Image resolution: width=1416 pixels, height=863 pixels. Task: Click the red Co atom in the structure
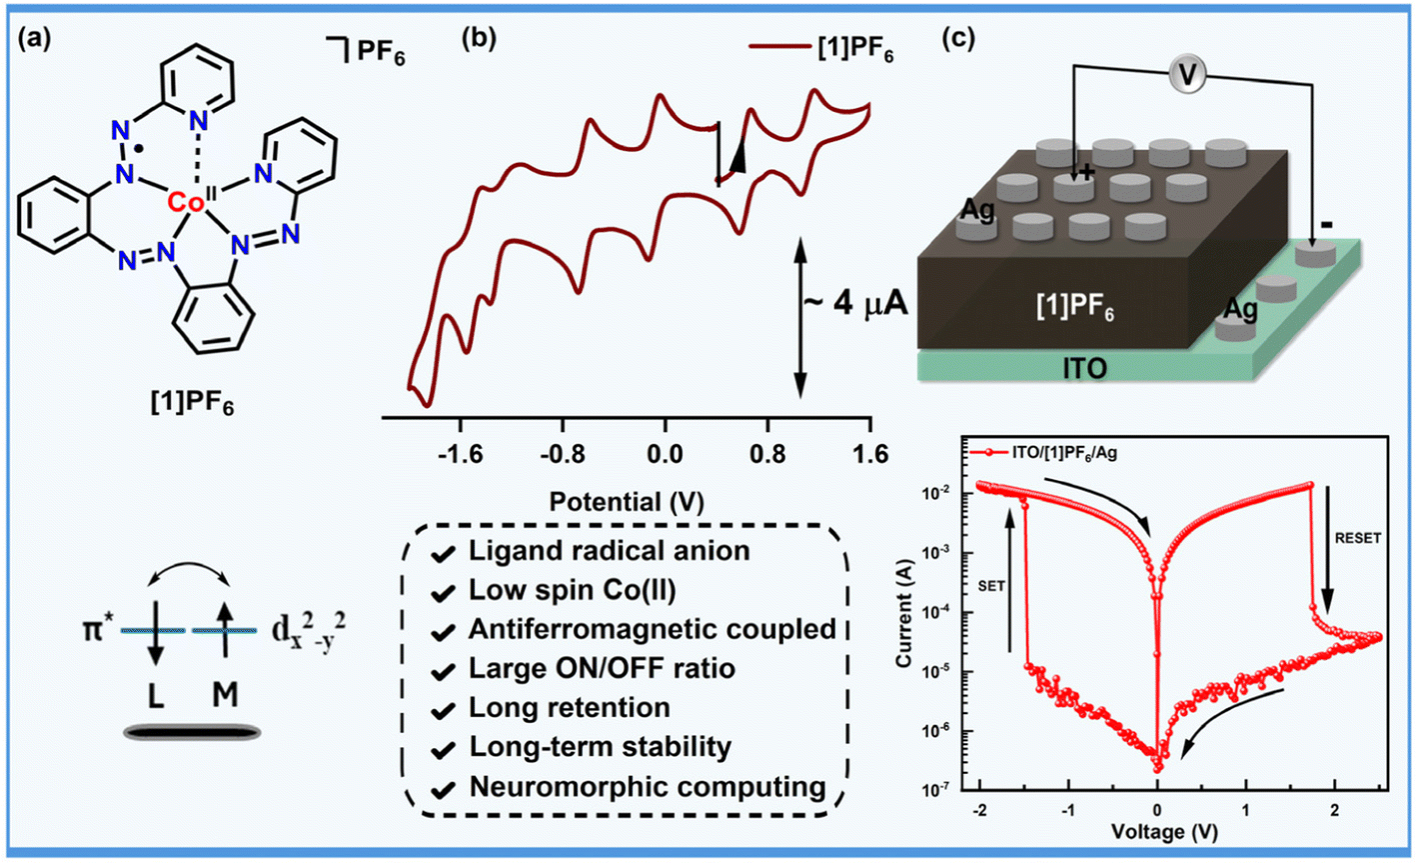(x=185, y=202)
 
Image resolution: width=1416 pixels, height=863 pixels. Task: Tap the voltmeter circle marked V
(x=1189, y=73)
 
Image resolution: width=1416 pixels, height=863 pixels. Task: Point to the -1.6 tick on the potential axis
(x=460, y=455)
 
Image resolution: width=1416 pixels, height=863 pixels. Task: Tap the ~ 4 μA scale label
(x=854, y=305)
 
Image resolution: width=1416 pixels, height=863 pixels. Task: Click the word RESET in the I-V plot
(x=1357, y=538)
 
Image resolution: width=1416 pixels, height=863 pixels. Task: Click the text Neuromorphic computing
(x=648, y=787)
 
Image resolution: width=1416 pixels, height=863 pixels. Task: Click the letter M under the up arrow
(x=225, y=694)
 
